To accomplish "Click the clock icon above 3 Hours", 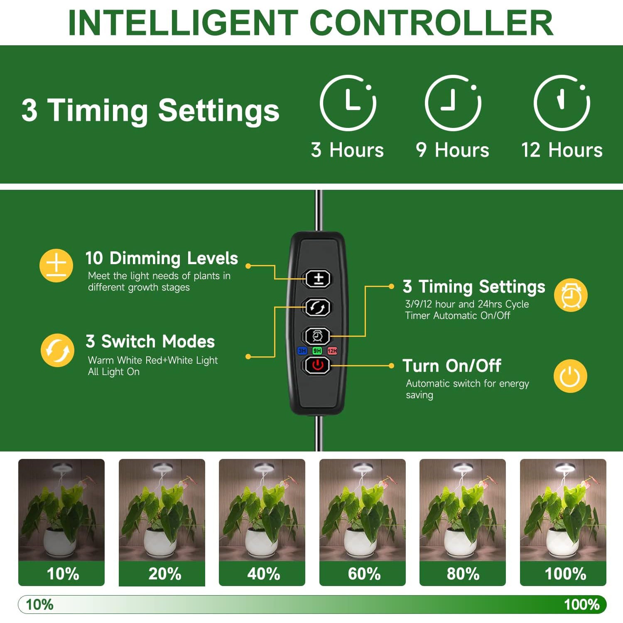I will [348, 103].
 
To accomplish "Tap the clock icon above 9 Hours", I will [453, 103].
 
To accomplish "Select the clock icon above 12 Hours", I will [562, 103].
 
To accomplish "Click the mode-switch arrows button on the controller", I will [318, 307].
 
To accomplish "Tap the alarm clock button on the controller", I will [318, 336].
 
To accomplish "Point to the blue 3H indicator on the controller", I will [302, 351].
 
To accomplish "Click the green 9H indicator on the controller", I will [317, 351].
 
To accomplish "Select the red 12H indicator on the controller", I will [332, 351].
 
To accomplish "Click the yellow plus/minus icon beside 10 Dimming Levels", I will [56, 265].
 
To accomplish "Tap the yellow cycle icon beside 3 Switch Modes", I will [57, 350].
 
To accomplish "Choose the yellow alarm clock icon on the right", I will [571, 295].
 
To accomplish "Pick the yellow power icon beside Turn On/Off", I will [570, 376].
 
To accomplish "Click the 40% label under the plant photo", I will [263, 574].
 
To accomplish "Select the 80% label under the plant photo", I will [463, 574].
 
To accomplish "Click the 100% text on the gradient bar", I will [581, 605].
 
